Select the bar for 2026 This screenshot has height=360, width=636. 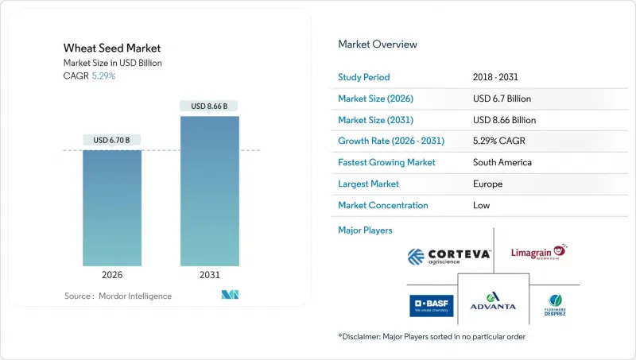(112, 208)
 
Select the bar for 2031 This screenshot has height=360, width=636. (209, 191)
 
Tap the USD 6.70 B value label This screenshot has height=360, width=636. (112, 141)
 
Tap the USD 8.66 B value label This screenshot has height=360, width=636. (209, 106)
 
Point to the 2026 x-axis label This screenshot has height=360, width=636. (112, 274)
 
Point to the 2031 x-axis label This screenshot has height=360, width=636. (209, 274)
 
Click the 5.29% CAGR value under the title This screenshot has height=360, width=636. (103, 76)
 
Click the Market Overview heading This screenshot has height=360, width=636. (378, 45)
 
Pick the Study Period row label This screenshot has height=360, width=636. (364, 77)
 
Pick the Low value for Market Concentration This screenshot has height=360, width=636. (481, 205)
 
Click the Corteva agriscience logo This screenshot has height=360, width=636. (448, 256)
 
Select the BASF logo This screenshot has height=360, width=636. (432, 305)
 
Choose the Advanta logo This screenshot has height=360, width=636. (493, 302)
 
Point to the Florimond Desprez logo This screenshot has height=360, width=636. (555, 305)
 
